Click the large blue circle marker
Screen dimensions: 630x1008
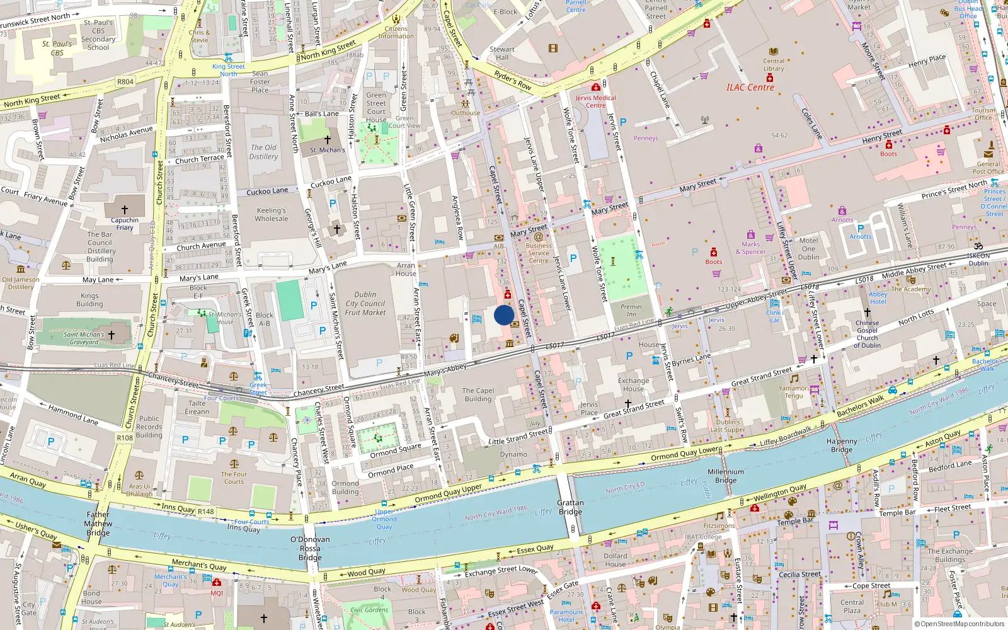click(x=504, y=315)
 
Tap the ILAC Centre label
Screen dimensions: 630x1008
click(x=750, y=88)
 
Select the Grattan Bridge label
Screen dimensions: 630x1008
click(x=570, y=507)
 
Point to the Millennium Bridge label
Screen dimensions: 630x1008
click(x=726, y=476)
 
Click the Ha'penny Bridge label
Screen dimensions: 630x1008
click(x=842, y=445)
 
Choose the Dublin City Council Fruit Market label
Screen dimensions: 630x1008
click(x=365, y=303)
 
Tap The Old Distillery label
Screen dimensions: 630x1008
click(x=263, y=152)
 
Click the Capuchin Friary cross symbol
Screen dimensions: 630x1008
click(x=125, y=209)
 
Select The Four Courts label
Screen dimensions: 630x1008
click(x=234, y=478)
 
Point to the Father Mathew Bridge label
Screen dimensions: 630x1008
click(x=98, y=524)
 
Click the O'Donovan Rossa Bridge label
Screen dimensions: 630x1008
click(x=310, y=548)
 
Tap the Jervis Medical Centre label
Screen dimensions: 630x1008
click(x=595, y=101)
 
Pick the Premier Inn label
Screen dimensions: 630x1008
click(x=631, y=310)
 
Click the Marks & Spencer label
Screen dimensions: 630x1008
click(x=750, y=248)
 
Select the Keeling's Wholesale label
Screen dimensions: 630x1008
click(x=272, y=215)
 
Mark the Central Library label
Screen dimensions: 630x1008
click(x=774, y=65)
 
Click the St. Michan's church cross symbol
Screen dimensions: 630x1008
click(x=327, y=140)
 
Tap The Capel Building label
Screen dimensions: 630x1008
click(x=478, y=394)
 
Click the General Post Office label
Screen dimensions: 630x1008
click(x=988, y=168)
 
